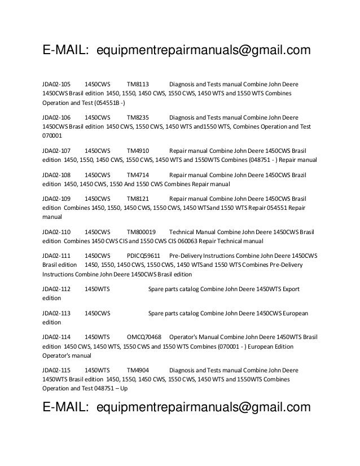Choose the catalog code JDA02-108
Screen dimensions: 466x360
pyautogui.click(x=57, y=175)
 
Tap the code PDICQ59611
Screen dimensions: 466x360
pyautogui.click(x=144, y=256)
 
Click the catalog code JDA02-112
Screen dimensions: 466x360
pyautogui.click(x=57, y=289)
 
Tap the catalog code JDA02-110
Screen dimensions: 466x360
pyautogui.click(x=57, y=232)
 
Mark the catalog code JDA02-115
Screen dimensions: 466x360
pyautogui.click(x=57, y=370)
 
